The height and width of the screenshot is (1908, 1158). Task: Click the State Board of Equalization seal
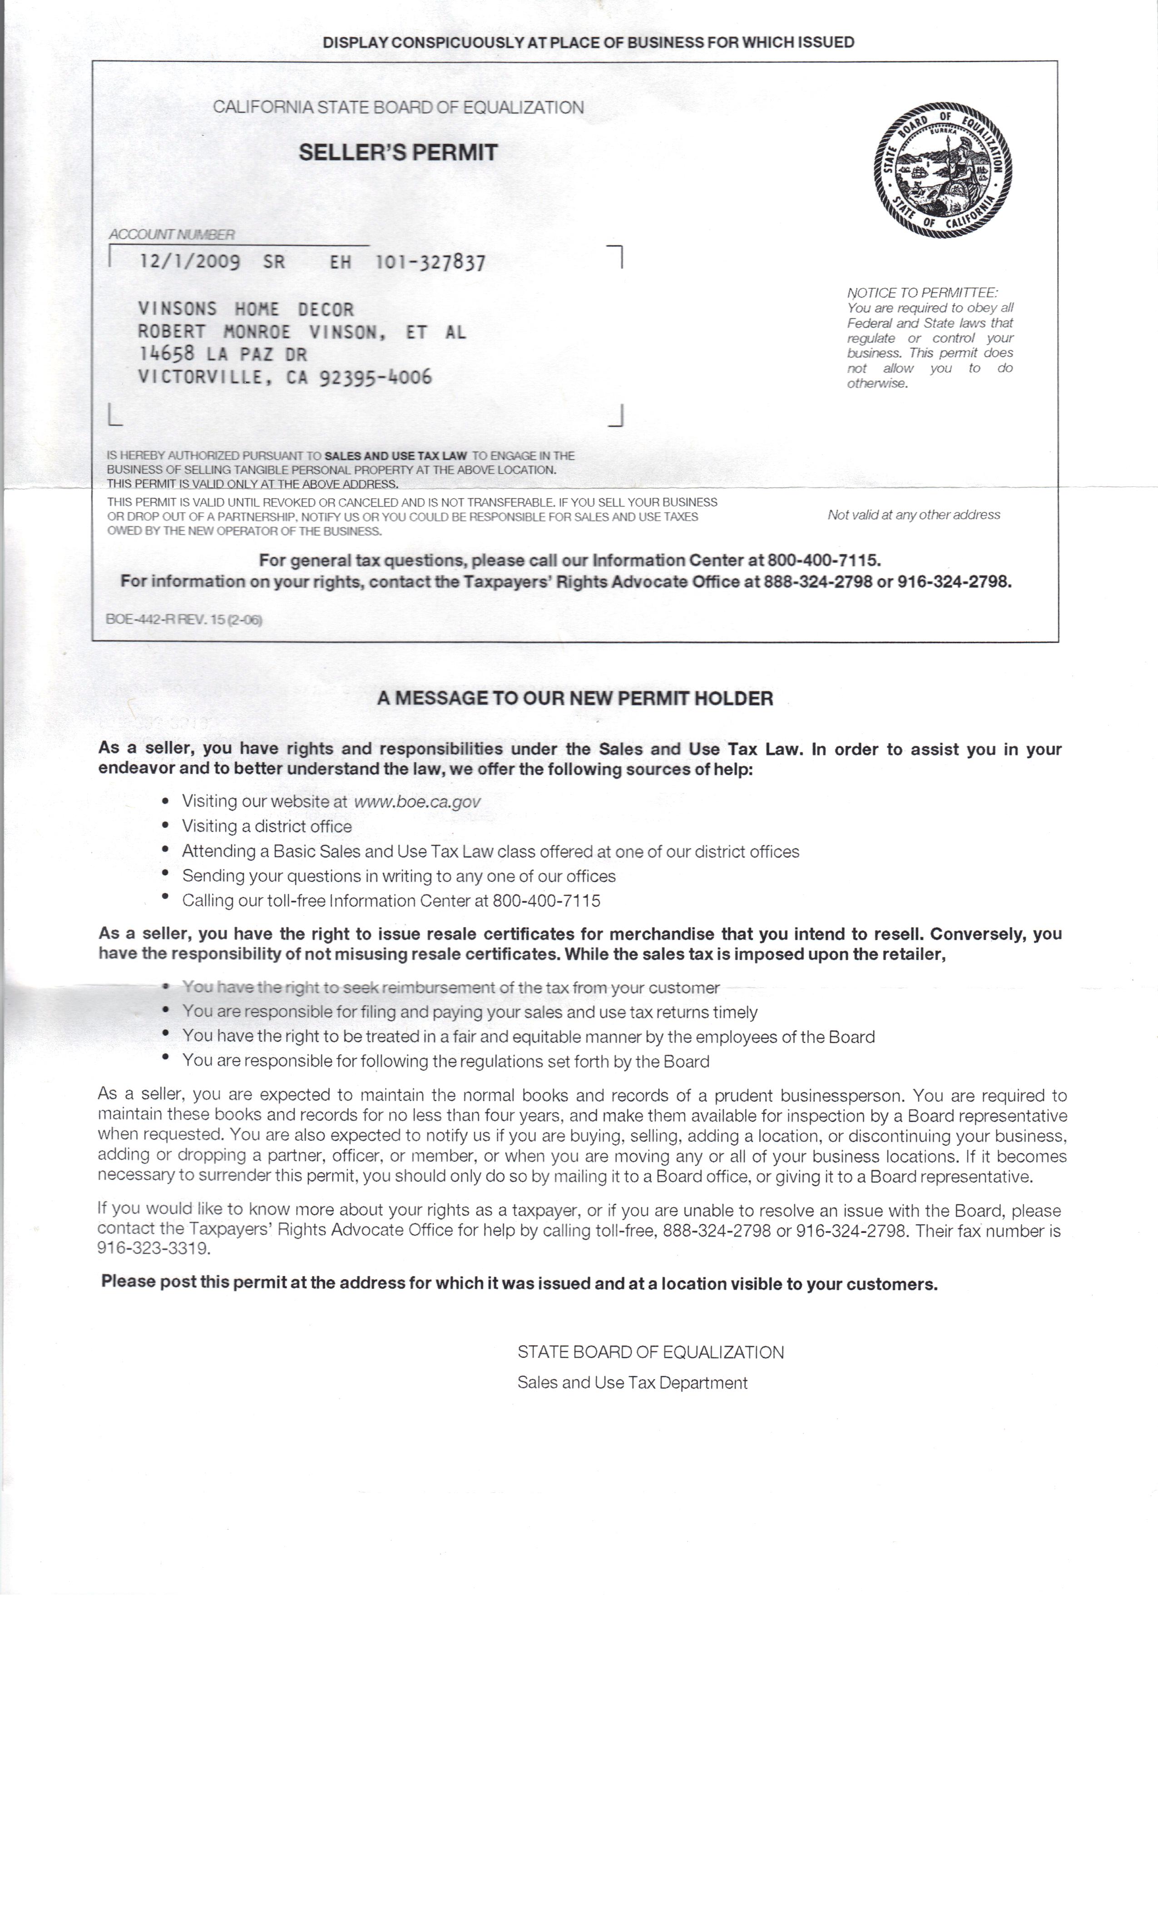point(943,169)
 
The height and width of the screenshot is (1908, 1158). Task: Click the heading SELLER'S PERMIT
point(398,153)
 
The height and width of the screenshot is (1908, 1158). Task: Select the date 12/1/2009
point(190,262)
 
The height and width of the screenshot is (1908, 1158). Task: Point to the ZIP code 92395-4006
point(376,378)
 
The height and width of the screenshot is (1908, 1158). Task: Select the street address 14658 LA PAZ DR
point(222,355)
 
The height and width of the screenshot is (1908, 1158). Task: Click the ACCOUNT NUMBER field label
point(171,234)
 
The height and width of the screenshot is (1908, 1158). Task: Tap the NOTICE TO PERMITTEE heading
point(922,293)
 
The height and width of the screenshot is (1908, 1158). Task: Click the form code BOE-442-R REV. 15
point(183,620)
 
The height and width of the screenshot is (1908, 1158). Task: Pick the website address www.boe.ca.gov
point(417,801)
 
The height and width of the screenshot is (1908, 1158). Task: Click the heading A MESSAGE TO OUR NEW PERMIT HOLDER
point(575,699)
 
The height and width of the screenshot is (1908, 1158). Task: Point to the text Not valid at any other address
point(913,515)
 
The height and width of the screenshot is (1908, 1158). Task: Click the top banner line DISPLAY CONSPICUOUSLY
point(588,43)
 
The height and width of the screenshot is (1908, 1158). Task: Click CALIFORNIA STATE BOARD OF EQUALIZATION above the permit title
point(398,108)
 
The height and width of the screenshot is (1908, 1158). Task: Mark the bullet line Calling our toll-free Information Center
point(391,900)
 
